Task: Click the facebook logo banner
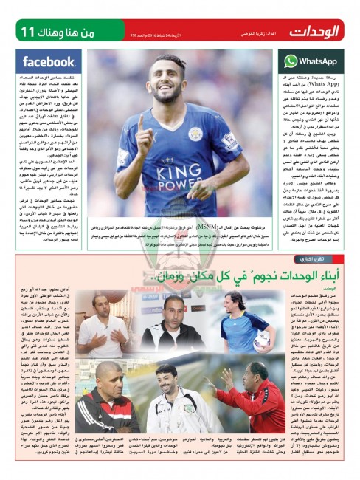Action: coord(49,61)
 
